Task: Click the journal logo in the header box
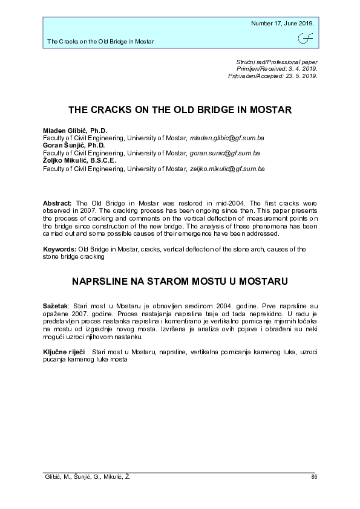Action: [x=306, y=39]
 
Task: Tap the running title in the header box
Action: [x=100, y=42]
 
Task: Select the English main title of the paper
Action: [x=180, y=111]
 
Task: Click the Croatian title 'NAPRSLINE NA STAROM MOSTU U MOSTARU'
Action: [x=180, y=281]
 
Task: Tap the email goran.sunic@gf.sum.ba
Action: [x=225, y=154]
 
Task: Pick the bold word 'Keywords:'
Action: [x=59, y=248]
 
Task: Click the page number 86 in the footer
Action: [x=313, y=477]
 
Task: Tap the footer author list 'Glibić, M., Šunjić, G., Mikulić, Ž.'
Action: [x=88, y=477]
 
